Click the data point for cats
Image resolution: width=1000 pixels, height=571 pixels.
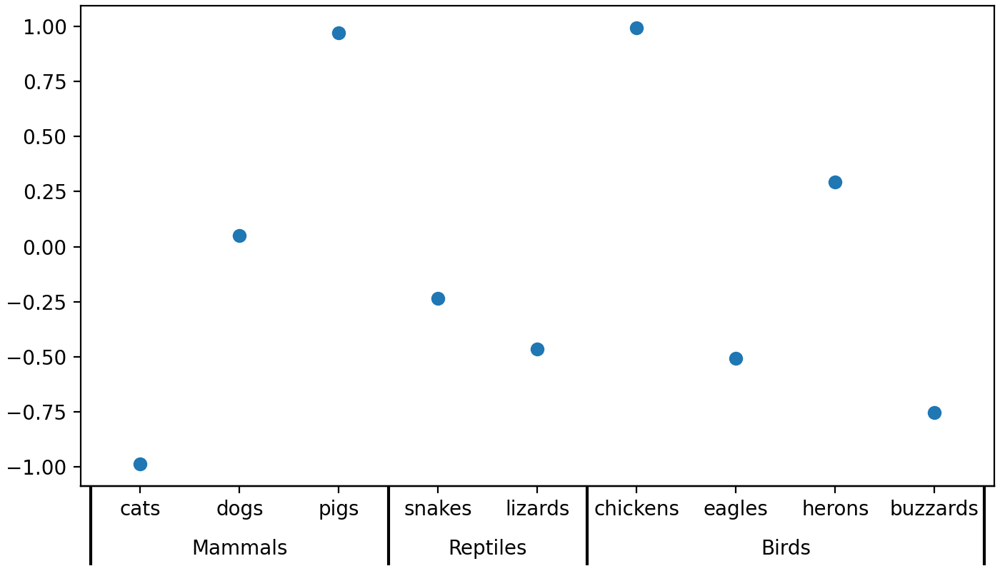(140, 464)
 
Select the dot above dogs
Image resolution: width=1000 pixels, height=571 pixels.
(239, 236)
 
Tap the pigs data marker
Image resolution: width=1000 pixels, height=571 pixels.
(339, 33)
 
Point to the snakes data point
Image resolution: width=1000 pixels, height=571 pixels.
(438, 298)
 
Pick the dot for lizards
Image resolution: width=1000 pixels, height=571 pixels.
(537, 349)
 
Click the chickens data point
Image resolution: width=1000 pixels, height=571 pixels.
(636, 28)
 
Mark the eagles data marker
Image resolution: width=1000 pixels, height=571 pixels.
(736, 358)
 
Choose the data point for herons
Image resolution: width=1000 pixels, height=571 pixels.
(835, 182)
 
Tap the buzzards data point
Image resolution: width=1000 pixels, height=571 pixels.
(934, 413)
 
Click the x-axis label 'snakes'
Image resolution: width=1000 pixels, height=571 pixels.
(438, 509)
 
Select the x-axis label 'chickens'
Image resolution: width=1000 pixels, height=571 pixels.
(636, 509)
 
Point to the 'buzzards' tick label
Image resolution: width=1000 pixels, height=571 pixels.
(934, 509)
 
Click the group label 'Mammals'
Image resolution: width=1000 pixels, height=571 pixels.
(239, 548)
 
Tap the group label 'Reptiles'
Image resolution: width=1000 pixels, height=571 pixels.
(487, 548)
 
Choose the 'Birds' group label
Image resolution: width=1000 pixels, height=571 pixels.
(786, 548)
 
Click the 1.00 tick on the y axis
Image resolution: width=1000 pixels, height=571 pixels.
(44, 27)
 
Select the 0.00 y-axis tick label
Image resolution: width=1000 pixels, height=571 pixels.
(44, 247)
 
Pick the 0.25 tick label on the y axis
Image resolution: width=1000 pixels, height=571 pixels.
(44, 192)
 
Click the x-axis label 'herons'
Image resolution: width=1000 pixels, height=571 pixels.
(835, 509)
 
